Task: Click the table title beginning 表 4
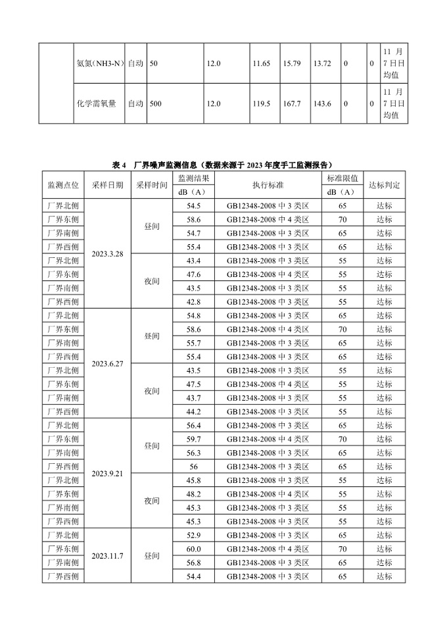point(223,165)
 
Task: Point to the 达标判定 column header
point(385,185)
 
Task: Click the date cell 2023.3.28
point(107,253)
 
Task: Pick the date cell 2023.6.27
point(107,363)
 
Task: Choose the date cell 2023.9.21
point(107,473)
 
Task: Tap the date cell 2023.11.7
point(107,556)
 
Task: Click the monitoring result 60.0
point(193,549)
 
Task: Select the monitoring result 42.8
point(193,301)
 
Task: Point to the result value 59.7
point(193,439)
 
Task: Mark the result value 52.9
point(193,535)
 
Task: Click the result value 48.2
point(193,494)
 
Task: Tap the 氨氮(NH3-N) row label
point(98,63)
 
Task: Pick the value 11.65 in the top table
point(261,63)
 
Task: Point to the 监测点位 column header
point(64,185)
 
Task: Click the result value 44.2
point(193,412)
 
